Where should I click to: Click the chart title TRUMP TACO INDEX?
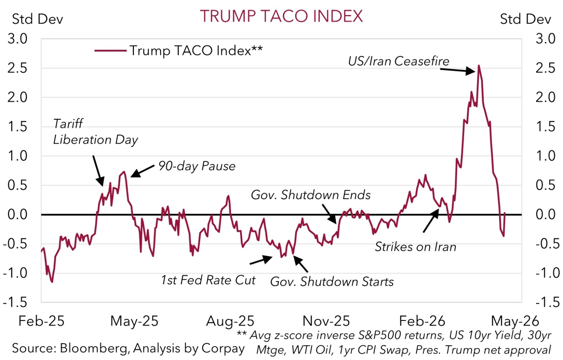pyautogui.click(x=281, y=16)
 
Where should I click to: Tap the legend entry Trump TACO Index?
pyautogui.click(x=196, y=50)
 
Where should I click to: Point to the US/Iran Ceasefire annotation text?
pyautogui.click(x=398, y=61)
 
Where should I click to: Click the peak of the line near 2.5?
pyautogui.click(x=478, y=66)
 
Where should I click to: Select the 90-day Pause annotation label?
pyautogui.click(x=197, y=166)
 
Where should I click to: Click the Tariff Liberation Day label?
pyautogui.click(x=95, y=132)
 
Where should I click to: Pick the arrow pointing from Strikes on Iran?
pyautogui.click(x=431, y=220)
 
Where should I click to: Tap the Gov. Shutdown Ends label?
pyautogui.click(x=311, y=195)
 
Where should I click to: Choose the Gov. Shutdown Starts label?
pyautogui.click(x=332, y=282)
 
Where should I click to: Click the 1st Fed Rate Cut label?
pyautogui.click(x=208, y=280)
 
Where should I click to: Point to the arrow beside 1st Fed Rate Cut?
pyautogui.click(x=261, y=260)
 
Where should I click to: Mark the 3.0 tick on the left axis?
pyautogui.click(x=18, y=39)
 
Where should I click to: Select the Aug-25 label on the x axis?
pyautogui.click(x=230, y=321)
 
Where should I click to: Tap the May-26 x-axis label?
pyautogui.click(x=515, y=321)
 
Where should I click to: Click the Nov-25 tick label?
pyautogui.click(x=326, y=321)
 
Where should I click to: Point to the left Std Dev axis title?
pyautogui.click(x=37, y=19)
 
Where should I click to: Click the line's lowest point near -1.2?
pyautogui.click(x=52, y=282)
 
